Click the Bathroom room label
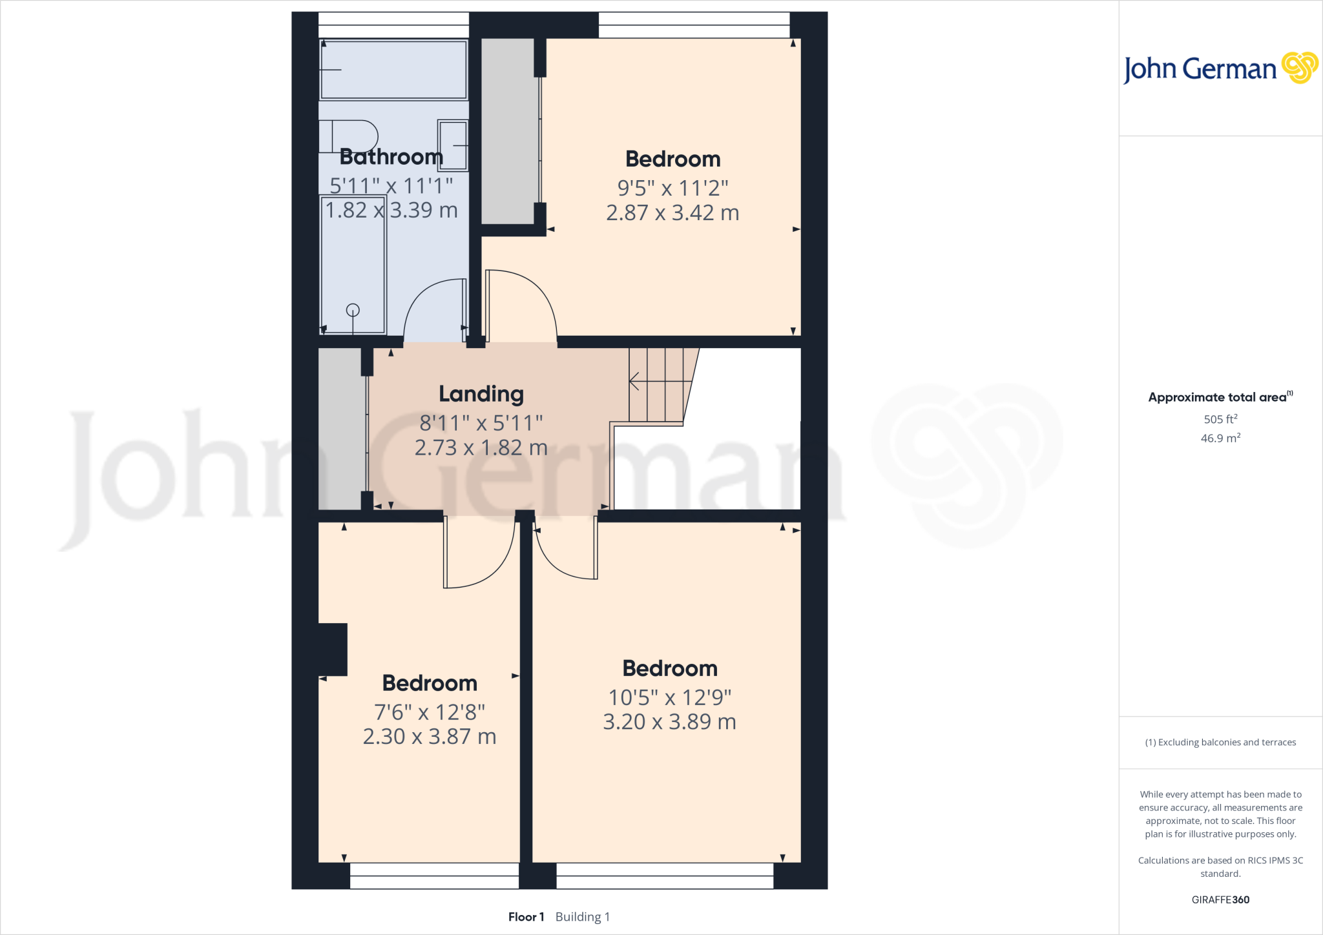(391, 157)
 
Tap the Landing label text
(481, 394)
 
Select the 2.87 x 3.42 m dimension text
(672, 213)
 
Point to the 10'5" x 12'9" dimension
(670, 697)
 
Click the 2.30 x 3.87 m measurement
(430, 737)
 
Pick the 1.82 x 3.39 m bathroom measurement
(391, 211)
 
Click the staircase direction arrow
(634, 381)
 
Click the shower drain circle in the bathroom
(353, 310)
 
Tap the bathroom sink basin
(453, 145)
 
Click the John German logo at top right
(1220, 68)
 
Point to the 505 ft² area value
(1220, 419)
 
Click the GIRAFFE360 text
(1220, 899)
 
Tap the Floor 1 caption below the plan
(526, 917)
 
